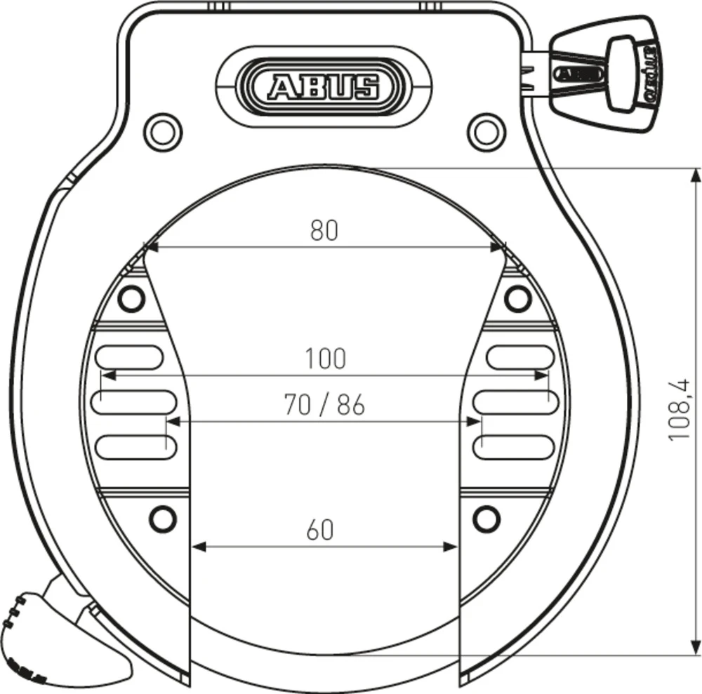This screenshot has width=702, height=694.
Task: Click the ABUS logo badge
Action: point(323,86)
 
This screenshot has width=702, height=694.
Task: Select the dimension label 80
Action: point(324,231)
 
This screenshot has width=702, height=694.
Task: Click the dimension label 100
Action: point(325,359)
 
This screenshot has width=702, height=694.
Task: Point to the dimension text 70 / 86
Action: point(324,405)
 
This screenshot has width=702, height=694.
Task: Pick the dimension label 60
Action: point(320,530)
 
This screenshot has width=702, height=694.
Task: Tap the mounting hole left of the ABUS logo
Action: point(162,130)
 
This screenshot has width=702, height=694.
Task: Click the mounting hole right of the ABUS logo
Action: point(486,130)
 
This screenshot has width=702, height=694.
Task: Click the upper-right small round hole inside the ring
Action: point(517,299)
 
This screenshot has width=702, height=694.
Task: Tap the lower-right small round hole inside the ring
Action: point(485,519)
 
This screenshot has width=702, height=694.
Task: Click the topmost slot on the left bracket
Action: point(129,357)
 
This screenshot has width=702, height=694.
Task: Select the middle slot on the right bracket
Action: point(516,401)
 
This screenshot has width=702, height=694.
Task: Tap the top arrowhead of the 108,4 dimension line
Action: point(695,175)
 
